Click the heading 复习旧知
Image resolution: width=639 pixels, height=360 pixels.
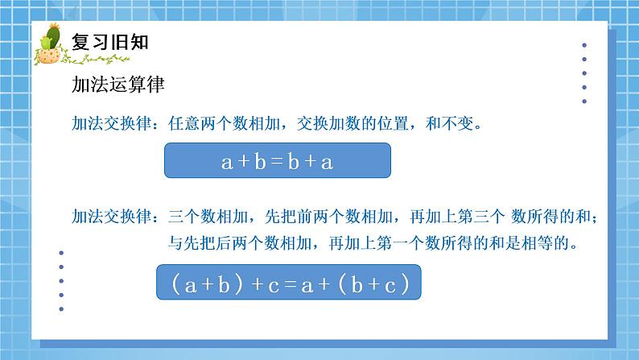(x=110, y=42)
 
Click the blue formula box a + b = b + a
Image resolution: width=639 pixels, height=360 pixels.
(x=278, y=161)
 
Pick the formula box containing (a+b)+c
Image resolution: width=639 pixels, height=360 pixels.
(x=287, y=283)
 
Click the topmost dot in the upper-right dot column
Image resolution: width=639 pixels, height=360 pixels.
(x=584, y=45)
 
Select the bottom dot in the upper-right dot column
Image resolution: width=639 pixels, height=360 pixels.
(x=584, y=101)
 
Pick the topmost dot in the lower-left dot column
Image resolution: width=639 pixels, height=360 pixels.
(x=62, y=252)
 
